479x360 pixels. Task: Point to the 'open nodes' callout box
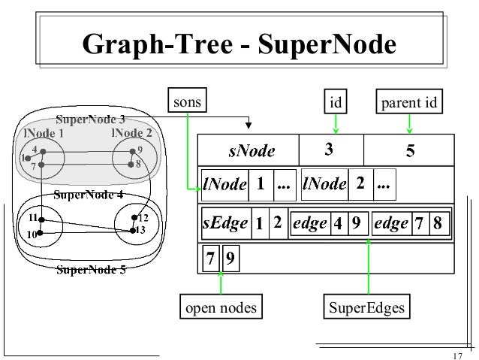point(220,307)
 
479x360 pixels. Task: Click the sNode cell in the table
point(251,151)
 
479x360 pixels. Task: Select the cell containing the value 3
point(330,150)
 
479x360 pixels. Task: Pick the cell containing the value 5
point(410,151)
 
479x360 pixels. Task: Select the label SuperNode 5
point(92,271)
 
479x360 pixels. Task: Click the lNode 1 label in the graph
point(42,133)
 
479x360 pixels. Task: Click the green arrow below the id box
point(336,123)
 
